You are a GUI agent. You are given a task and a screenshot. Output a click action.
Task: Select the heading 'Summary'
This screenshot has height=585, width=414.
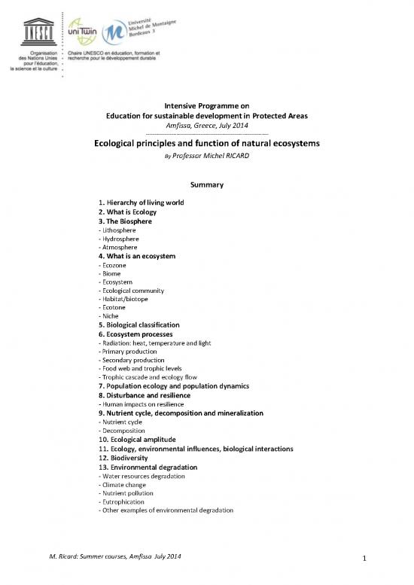(x=205, y=184)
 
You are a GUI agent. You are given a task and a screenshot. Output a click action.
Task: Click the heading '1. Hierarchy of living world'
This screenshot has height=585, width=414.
(x=142, y=203)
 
